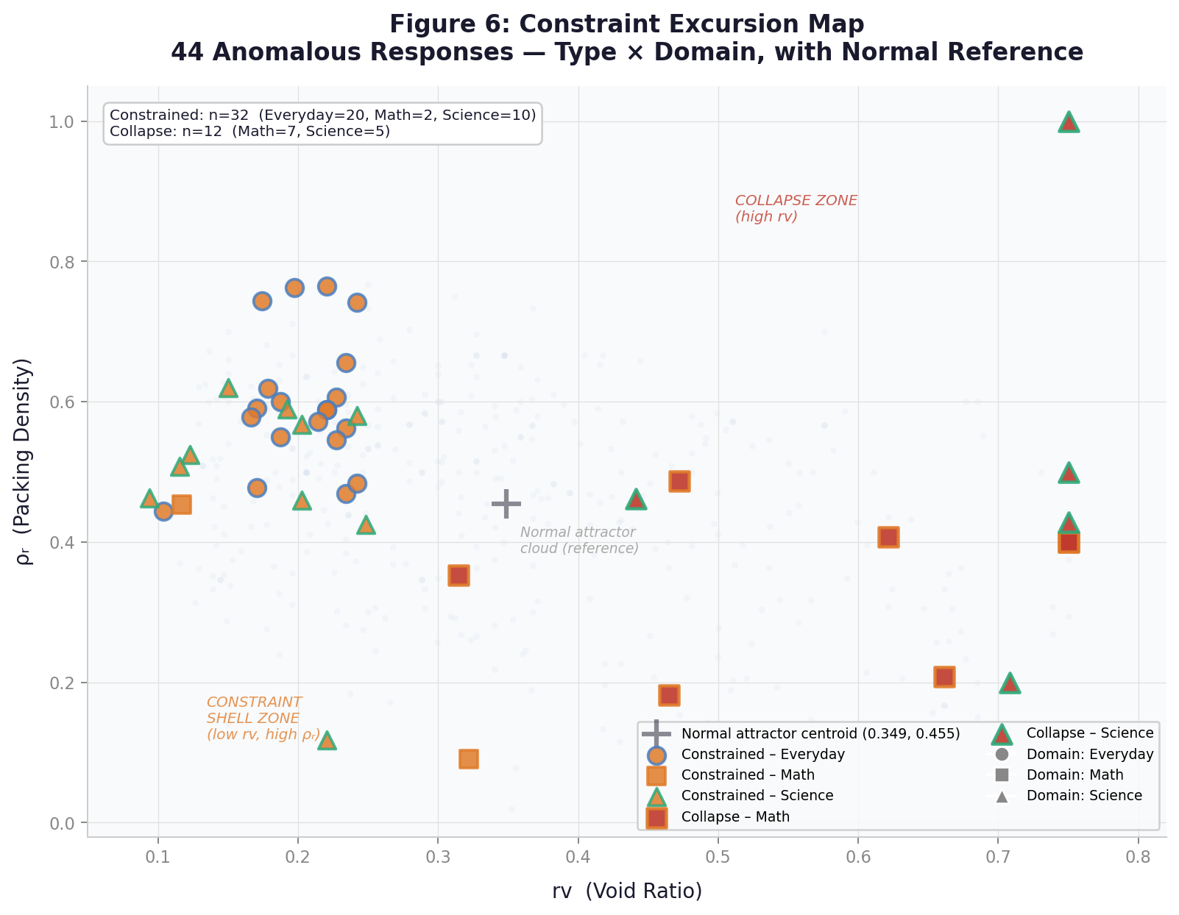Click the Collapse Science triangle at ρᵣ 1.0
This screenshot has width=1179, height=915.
1069,122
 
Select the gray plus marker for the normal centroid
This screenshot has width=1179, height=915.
506,504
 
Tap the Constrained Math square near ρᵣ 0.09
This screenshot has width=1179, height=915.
469,759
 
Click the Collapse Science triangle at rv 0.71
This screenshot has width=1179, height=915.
1010,683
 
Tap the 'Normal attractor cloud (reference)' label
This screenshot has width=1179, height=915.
578,541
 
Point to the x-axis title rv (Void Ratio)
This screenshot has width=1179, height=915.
627,891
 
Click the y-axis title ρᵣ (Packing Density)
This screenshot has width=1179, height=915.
25,462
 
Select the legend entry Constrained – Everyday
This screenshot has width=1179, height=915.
763,755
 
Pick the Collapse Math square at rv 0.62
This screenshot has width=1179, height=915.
888,538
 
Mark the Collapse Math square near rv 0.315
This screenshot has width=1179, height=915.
458,576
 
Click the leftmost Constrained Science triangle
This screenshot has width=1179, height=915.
149,499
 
